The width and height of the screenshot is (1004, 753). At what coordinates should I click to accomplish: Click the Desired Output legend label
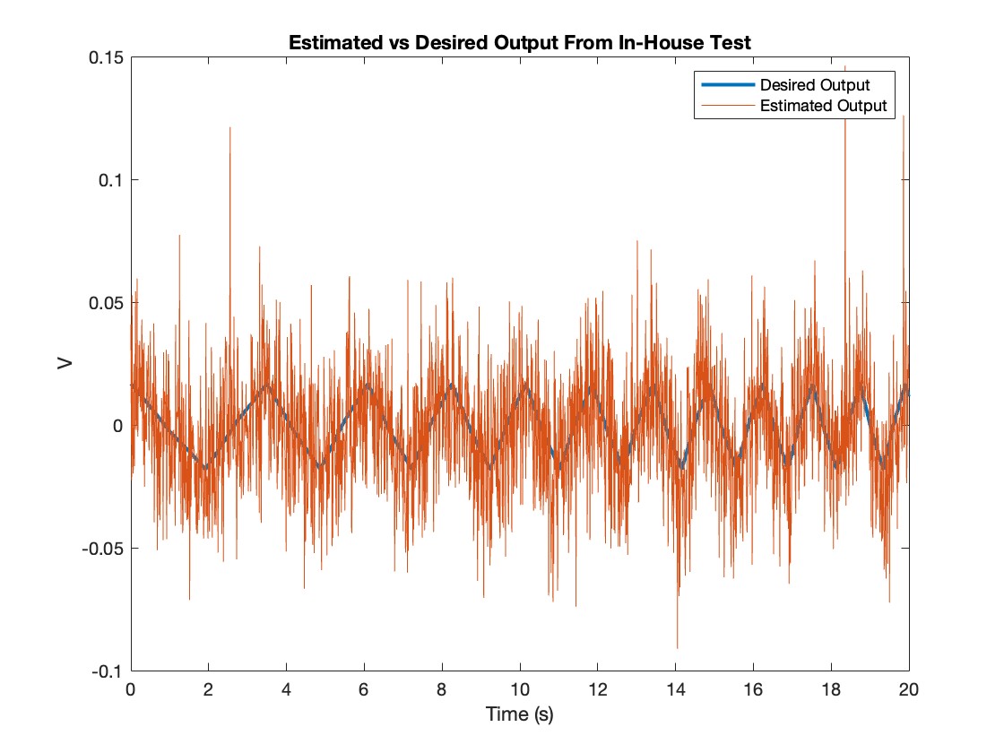[x=814, y=86]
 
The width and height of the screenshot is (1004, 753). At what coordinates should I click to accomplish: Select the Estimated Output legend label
[x=822, y=106]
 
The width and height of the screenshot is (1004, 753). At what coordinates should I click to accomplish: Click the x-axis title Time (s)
[x=520, y=714]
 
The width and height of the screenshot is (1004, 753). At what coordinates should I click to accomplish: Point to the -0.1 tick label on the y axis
[x=106, y=671]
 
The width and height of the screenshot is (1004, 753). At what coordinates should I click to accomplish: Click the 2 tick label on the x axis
[x=208, y=691]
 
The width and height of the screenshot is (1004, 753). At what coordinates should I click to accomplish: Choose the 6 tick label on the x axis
[x=364, y=691]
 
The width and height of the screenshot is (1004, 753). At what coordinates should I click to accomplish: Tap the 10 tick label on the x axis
[x=520, y=691]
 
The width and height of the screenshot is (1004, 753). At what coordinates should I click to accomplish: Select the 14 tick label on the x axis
[x=676, y=691]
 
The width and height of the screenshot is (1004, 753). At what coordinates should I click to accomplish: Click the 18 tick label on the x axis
[x=832, y=691]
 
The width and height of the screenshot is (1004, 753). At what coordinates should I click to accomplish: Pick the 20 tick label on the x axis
[x=909, y=691]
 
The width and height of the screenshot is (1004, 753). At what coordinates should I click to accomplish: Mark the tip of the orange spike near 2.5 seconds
[x=229, y=128]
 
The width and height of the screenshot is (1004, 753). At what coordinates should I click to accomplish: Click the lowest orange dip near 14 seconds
[x=677, y=647]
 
